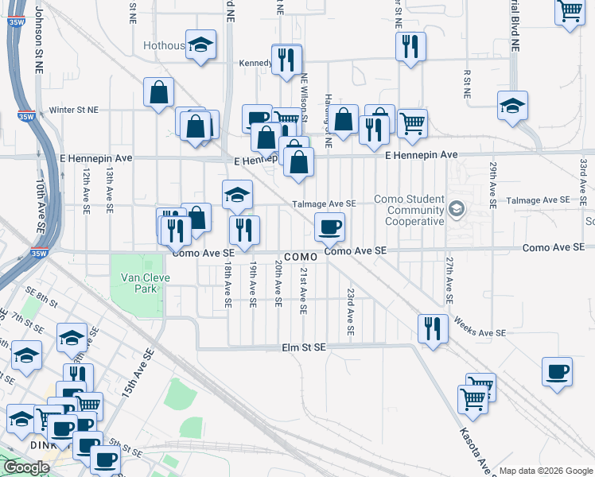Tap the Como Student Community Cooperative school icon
click(x=457, y=210)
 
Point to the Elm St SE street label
click(x=304, y=347)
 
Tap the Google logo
click(x=26, y=467)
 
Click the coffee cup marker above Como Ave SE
click(x=329, y=227)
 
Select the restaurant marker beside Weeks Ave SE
click(x=432, y=328)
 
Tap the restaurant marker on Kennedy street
click(x=286, y=59)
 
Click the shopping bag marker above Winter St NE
click(x=159, y=91)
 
